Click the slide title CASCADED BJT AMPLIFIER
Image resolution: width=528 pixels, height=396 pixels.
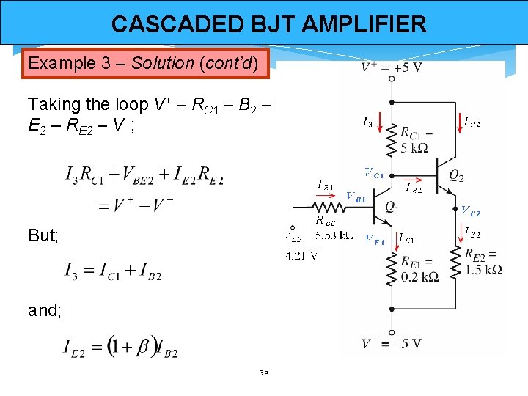268,24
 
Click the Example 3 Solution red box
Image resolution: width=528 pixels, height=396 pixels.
146,63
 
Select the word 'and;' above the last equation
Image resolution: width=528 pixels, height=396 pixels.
44,310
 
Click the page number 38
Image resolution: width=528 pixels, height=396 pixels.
264,372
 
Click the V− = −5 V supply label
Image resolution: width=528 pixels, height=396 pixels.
392,343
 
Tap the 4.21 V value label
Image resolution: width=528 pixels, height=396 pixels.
301,256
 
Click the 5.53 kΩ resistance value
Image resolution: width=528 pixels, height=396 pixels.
334,236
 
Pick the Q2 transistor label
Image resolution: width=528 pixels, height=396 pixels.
455,177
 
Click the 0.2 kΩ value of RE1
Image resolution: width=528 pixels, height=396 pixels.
419,276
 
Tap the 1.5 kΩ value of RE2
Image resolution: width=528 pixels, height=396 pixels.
483,269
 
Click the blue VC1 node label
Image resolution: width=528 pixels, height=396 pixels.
373,172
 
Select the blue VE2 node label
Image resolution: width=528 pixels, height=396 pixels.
470,211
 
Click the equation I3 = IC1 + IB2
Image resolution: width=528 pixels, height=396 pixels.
114,273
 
